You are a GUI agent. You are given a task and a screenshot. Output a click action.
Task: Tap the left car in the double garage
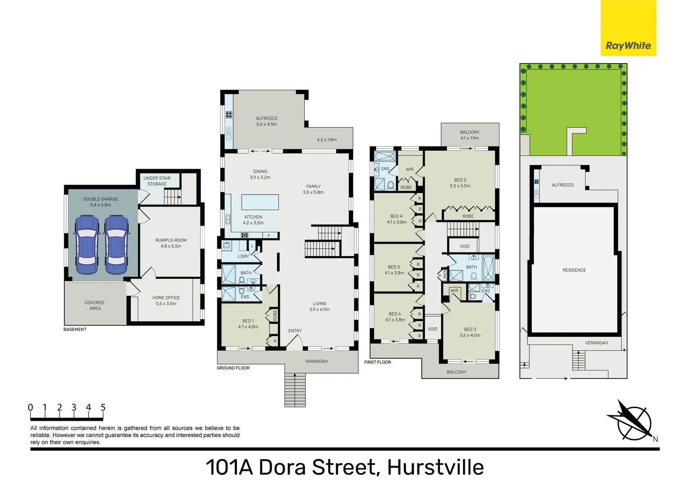coord(87,245)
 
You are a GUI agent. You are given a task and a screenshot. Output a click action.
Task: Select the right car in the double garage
coord(116,245)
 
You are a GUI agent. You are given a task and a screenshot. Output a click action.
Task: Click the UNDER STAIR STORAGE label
coord(157,181)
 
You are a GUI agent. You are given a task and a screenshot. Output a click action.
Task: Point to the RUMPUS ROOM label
coord(171,240)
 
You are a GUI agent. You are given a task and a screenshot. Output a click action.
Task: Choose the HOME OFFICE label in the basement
coord(166,298)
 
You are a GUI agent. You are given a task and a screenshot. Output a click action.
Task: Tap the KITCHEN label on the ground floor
coord(253,217)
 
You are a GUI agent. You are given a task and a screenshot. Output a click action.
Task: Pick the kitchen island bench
coord(260,202)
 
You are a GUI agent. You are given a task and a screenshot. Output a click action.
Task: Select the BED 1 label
coord(248,321)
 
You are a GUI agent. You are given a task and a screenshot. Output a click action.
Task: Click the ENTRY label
coord(295,331)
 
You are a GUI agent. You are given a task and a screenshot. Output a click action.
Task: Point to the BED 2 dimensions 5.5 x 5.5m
coord(460,186)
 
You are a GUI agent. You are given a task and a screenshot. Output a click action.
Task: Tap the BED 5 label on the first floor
coord(394,267)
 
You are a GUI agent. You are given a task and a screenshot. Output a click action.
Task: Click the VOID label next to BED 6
coord(432,329)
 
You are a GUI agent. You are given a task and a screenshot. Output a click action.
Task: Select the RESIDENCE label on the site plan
coord(574,270)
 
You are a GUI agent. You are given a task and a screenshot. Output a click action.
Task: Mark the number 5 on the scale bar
coord(103,408)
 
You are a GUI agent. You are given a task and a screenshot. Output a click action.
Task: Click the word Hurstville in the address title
coord(435,467)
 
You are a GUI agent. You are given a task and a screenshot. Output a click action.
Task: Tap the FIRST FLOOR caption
coord(378,362)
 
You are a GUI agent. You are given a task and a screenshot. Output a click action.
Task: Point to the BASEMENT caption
coord(75,330)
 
